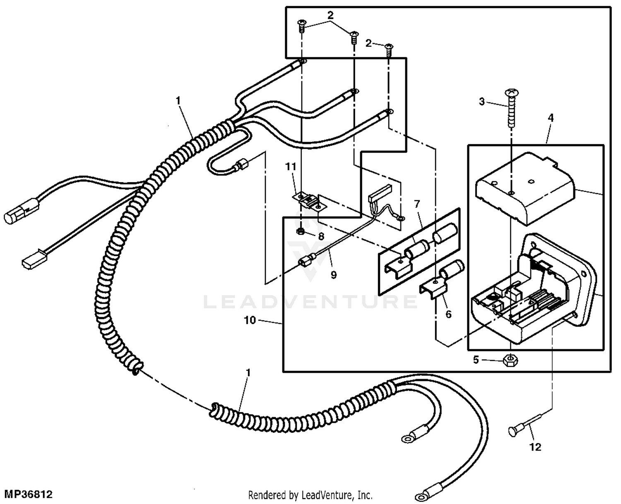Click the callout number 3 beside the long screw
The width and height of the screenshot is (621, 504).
(x=481, y=101)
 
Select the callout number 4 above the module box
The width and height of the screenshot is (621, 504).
(x=550, y=118)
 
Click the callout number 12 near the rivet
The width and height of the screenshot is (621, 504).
(x=535, y=447)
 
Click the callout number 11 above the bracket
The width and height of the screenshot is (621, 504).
(x=291, y=167)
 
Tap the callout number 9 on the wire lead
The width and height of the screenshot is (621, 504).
(x=334, y=275)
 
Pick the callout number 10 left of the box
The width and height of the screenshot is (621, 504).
(x=250, y=320)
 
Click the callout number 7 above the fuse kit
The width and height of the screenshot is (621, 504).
(x=417, y=204)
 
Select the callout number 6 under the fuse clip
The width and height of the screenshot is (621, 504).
(x=448, y=314)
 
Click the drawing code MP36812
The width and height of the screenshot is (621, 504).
(x=28, y=494)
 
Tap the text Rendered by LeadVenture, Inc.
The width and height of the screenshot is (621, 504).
(x=310, y=494)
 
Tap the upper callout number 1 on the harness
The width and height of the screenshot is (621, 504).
(x=178, y=101)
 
